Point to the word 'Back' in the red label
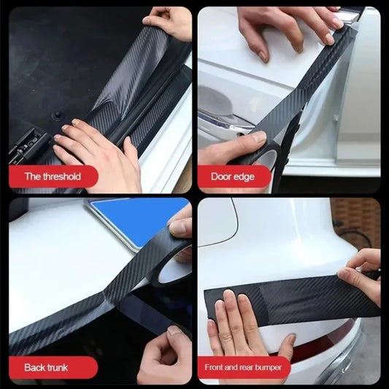pos(36,366)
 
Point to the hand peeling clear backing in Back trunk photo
pos(164,354)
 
